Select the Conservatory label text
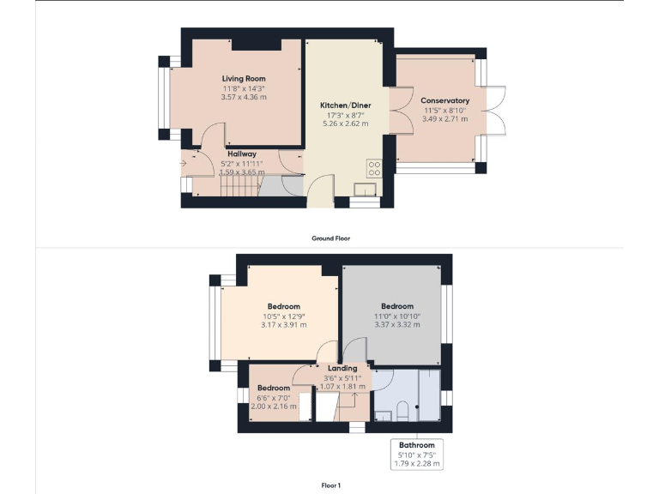coord(445,100)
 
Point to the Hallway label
coord(242,154)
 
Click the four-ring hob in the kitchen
coord(374,168)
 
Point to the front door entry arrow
coord(183,162)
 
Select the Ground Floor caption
coord(330,238)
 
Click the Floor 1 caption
coord(330,485)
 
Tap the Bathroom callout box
coord(416,455)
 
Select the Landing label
coord(342,368)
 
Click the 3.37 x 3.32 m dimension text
coord(396,325)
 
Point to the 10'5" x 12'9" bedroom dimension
coord(283,316)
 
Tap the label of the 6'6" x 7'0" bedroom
coord(274,388)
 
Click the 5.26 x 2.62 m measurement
coord(344,123)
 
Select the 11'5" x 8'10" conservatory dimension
coord(445,110)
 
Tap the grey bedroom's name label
coord(397,306)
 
